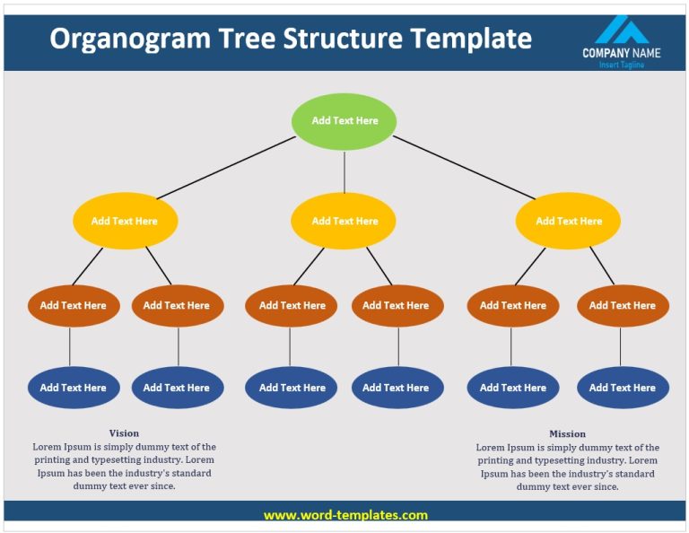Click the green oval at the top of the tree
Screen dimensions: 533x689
(x=344, y=121)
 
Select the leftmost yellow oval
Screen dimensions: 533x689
(x=125, y=221)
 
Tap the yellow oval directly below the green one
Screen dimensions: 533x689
(x=344, y=221)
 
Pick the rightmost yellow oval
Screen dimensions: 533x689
(x=568, y=221)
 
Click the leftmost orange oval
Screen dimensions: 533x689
(x=73, y=305)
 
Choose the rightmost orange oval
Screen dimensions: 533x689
(x=622, y=305)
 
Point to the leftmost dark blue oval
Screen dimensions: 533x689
(x=73, y=388)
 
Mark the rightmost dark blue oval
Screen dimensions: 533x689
(x=622, y=388)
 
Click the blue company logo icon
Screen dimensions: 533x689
(x=622, y=30)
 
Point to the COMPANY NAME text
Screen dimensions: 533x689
(x=621, y=53)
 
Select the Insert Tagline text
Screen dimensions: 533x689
(x=621, y=65)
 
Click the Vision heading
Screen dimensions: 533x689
(x=124, y=433)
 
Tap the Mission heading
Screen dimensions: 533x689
(x=567, y=433)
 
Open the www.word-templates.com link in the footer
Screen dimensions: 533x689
(x=345, y=515)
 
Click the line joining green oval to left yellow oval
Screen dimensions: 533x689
(x=226, y=168)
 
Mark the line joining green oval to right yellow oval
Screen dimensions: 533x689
(x=463, y=168)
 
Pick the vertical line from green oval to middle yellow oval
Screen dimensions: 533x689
(x=344, y=171)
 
